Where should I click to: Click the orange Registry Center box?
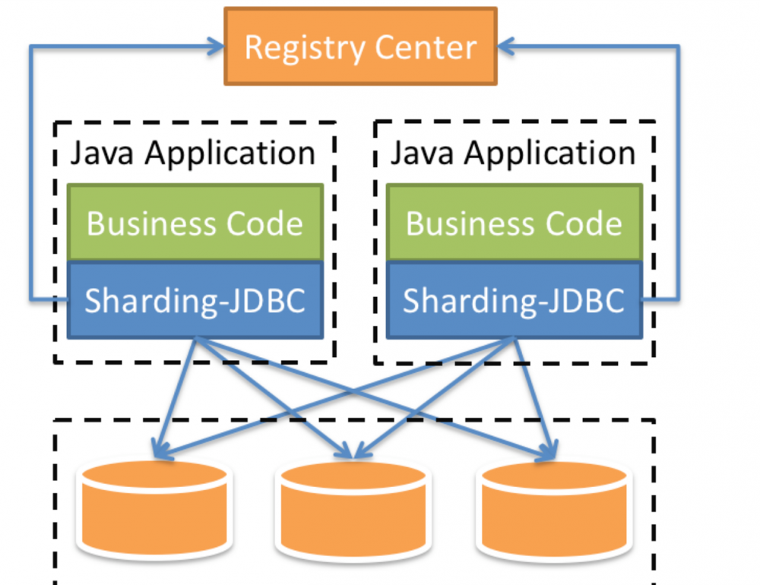point(360,46)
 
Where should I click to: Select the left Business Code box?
point(195,223)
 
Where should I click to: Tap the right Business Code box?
point(515,223)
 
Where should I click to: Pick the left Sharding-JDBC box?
point(195,301)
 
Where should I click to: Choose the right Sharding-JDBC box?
point(515,301)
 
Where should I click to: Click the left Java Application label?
point(193,153)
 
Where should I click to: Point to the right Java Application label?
point(513,153)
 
